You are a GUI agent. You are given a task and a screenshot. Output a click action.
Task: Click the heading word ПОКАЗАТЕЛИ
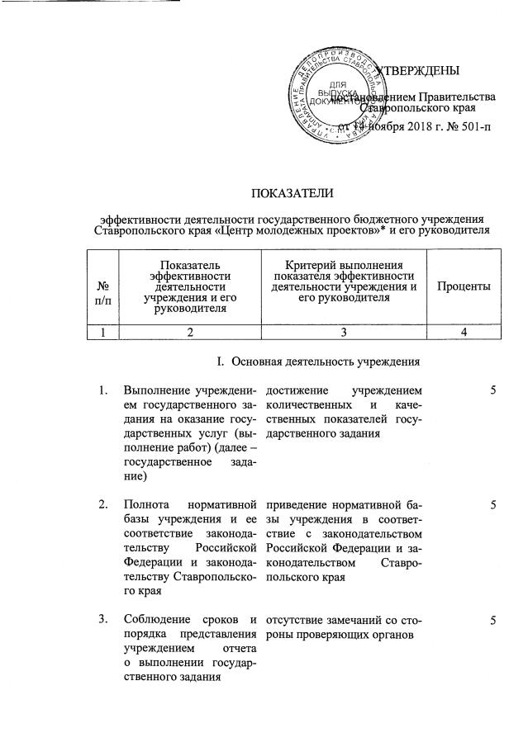coord(293,194)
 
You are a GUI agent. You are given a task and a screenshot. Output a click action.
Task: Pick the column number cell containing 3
coord(345,332)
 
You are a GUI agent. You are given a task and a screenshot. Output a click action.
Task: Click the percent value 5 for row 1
coord(492,390)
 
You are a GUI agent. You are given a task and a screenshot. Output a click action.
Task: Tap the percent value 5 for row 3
coord(492,619)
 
